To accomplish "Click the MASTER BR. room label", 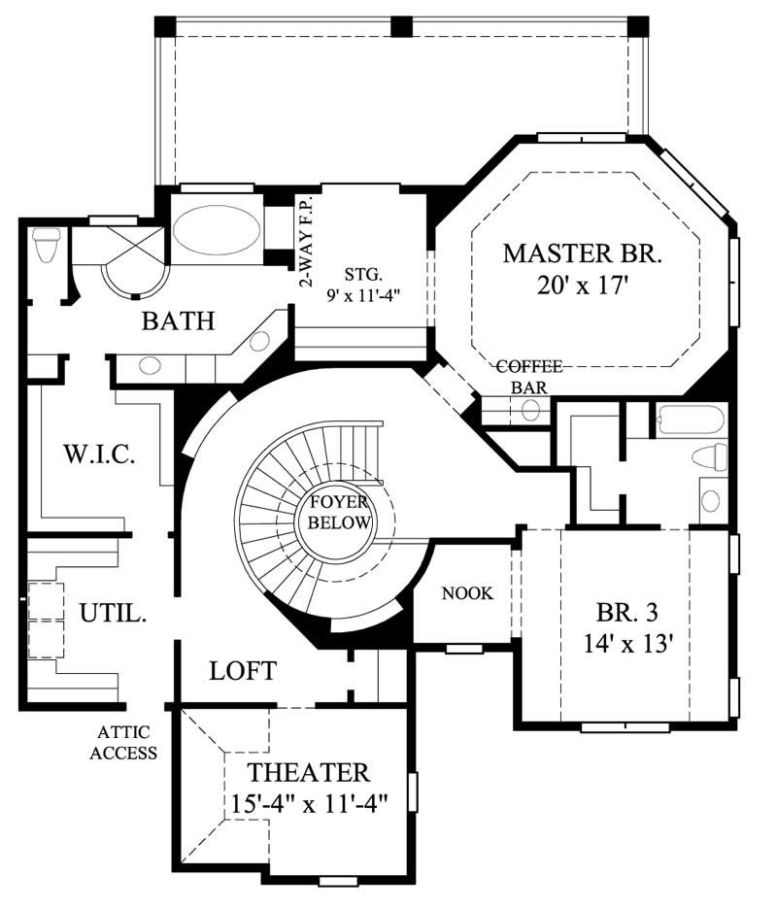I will coord(582,254).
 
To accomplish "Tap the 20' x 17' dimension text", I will coord(582,286).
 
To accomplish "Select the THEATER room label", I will coord(308,773).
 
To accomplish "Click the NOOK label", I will coord(467,593).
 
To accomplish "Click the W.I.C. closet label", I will coord(98,454).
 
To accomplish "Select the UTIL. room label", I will coord(113,614).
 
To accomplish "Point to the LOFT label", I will coord(243,670).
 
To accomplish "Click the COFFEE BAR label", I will coord(528,376).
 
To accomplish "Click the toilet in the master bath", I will coord(45,245).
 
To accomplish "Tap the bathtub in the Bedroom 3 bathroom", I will coord(691,421).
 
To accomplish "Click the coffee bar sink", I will coord(530,410).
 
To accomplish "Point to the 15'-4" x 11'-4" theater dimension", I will coord(308,805).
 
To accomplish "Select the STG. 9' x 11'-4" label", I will coord(361,282).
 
